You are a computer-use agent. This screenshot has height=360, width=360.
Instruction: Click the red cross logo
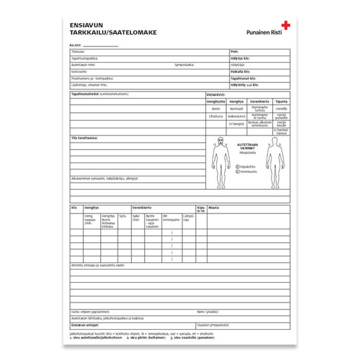tap(285, 24)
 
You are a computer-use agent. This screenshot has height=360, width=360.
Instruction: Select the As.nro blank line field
tap(100, 45)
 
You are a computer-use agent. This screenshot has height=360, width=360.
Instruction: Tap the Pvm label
tap(235, 52)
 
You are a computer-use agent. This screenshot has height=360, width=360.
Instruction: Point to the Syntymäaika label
tap(184, 65)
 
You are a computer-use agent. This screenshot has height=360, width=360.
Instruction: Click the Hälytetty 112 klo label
tap(245, 85)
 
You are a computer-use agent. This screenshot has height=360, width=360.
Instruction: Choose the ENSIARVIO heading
tap(215, 95)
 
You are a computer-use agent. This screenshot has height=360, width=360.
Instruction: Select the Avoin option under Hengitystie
tap(216, 109)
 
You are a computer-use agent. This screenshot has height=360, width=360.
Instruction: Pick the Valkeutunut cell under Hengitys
tap(237, 117)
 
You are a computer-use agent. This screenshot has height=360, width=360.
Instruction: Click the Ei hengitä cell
tap(237, 124)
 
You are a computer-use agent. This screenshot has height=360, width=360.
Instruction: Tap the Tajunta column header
tap(281, 101)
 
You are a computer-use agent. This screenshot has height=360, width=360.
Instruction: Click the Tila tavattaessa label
tap(84, 138)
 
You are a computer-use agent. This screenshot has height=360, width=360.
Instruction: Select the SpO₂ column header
tap(122, 216)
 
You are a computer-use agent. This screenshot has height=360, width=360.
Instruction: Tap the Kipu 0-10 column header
tap(201, 209)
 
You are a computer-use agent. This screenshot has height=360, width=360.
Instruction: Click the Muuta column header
tap(214, 207)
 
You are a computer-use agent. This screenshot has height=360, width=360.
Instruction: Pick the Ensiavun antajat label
tap(85, 325)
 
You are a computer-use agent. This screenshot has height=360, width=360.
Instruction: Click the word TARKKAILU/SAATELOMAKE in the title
tap(113, 32)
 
